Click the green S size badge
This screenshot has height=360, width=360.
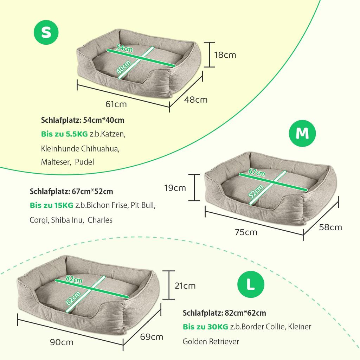click(x=46, y=32)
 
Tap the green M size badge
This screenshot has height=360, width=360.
click(x=302, y=133)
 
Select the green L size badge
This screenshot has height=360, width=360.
click(x=251, y=284)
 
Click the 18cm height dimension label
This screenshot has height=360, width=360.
click(x=225, y=55)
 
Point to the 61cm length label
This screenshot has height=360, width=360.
click(x=116, y=104)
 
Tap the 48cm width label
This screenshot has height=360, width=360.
click(x=195, y=99)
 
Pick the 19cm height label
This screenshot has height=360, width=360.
click(x=175, y=188)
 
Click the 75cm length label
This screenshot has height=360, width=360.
click(x=246, y=232)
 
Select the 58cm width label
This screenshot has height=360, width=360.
click(x=330, y=227)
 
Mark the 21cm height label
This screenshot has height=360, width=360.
click(x=185, y=286)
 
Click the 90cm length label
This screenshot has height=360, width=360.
click(x=62, y=342)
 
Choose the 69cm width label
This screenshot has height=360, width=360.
click(x=152, y=337)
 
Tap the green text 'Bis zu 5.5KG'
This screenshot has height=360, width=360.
click(x=64, y=134)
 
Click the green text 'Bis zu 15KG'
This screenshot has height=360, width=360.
click(x=51, y=205)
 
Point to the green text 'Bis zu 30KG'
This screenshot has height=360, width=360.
click(x=205, y=327)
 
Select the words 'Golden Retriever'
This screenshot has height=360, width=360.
click(x=211, y=341)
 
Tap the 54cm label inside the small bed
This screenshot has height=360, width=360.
click(x=124, y=47)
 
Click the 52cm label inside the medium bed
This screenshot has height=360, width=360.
click(x=256, y=191)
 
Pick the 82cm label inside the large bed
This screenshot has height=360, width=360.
click(x=74, y=279)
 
